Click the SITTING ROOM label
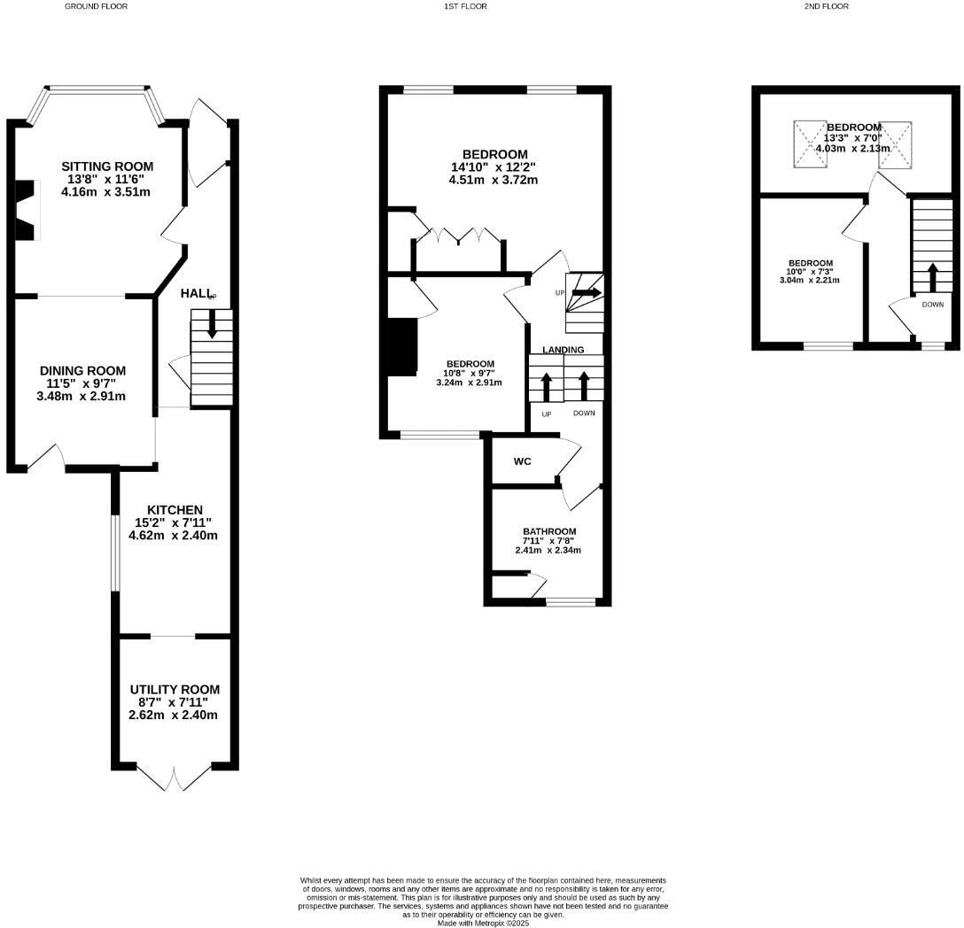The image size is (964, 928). tap(107, 166)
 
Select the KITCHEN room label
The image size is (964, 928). tap(175, 510)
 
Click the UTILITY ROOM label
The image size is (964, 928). tap(175, 689)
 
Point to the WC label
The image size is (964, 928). tap(522, 461)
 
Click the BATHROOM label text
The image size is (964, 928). tap(548, 531)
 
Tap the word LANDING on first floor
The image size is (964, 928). tap(564, 350)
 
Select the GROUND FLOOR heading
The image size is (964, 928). tap(96, 6)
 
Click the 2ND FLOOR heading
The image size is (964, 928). tap(826, 6)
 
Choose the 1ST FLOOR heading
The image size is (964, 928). tap(465, 6)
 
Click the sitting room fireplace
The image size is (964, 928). tap(27, 210)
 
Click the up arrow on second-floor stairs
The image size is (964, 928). tap(932, 277)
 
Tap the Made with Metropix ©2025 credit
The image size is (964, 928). tap(483, 923)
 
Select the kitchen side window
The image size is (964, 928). tap(113, 552)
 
